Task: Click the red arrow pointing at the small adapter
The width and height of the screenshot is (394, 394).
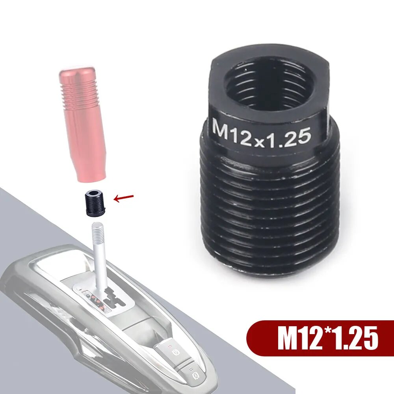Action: pos(124,198)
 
